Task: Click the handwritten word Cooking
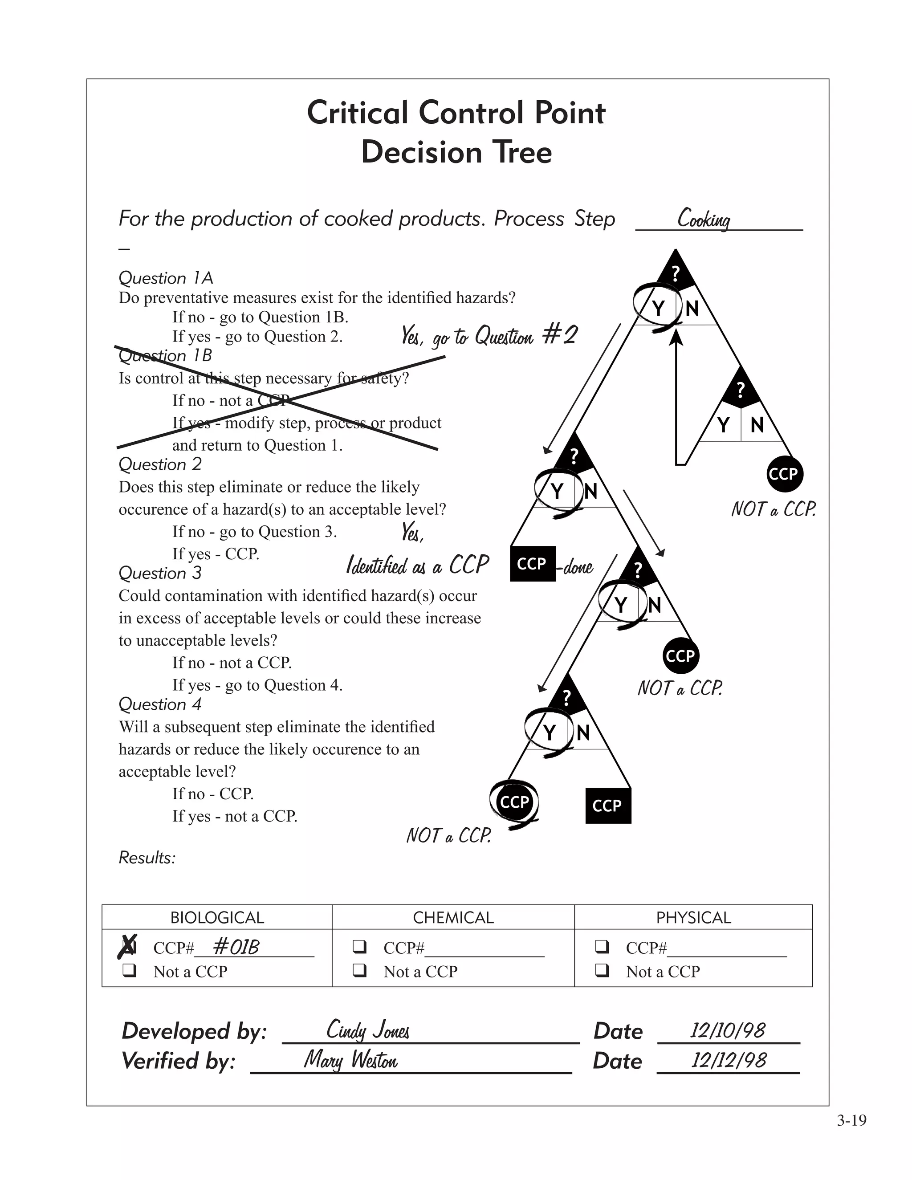[x=704, y=219]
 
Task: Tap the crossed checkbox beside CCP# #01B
[x=129, y=947]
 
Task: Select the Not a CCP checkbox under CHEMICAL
[x=359, y=971]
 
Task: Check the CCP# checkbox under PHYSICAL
[x=602, y=947]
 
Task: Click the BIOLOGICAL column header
[x=217, y=917]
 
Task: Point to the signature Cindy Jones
[x=368, y=1030]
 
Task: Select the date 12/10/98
[x=727, y=1030]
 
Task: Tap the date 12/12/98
[x=728, y=1060]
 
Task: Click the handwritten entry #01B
[x=236, y=947]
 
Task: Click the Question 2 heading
[x=160, y=464]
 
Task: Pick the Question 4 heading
[x=160, y=704]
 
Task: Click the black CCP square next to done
[x=532, y=564]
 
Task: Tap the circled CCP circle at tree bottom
[x=514, y=802]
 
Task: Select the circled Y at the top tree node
[x=658, y=309]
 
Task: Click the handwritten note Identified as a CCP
[x=417, y=565]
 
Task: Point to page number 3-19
[x=851, y=1121]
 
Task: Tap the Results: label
[x=147, y=858]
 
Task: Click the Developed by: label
[x=195, y=1031]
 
